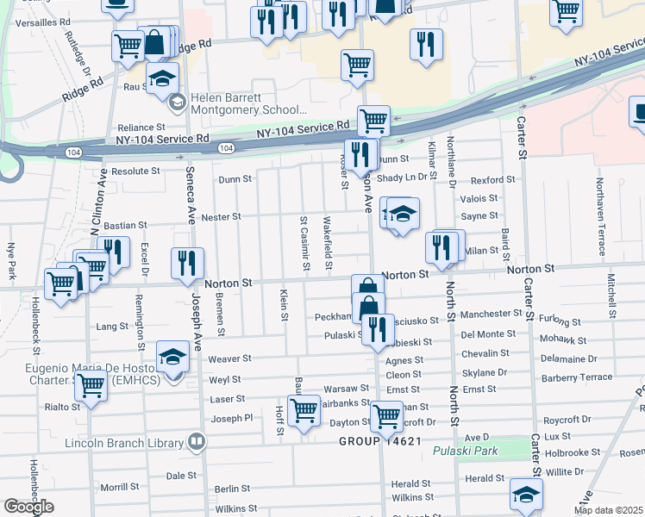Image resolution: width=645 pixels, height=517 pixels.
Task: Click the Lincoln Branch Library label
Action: pyautogui.click(x=125, y=444)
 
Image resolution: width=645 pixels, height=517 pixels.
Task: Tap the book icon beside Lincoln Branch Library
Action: pyautogui.click(x=197, y=443)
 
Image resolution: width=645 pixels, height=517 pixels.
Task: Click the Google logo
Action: pyautogui.click(x=28, y=507)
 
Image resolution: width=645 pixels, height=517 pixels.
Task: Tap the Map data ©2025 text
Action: pyautogui.click(x=608, y=510)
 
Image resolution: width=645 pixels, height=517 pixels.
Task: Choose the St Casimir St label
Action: pyautogui.click(x=304, y=241)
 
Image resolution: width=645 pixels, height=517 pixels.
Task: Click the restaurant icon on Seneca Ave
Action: pyautogui.click(x=187, y=264)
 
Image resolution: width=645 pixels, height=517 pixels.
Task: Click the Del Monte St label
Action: pyautogui.click(x=488, y=334)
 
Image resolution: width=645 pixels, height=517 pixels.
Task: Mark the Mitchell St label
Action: pyautogui.click(x=611, y=295)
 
